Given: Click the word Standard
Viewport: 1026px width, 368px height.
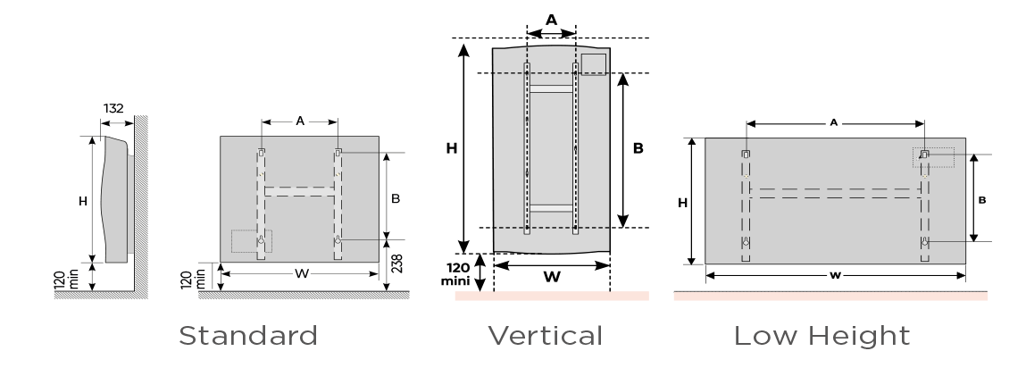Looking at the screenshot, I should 248,336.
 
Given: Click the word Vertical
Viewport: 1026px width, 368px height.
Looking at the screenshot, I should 545,336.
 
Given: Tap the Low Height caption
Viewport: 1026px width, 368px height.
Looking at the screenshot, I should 822,336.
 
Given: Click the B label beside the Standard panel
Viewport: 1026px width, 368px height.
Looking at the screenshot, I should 395,199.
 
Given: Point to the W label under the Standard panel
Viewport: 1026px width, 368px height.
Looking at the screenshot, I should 301,273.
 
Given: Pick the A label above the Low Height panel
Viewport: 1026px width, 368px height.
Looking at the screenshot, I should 834,121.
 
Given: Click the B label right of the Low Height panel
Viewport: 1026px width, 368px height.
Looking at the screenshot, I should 980,201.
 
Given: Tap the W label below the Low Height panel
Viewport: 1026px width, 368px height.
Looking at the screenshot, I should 834,276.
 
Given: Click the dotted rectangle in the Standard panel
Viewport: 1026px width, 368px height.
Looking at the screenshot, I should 251,241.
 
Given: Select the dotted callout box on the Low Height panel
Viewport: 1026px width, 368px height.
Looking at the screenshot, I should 933,156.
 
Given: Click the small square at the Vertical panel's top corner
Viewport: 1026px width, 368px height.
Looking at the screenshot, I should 594,63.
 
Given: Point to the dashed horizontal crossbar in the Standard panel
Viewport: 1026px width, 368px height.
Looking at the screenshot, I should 300,190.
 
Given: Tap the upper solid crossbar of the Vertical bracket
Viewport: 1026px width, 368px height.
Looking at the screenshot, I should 552,88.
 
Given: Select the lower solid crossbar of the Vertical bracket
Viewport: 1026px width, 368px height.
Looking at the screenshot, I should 552,208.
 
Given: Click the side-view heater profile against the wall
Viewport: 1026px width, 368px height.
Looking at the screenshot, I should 115,201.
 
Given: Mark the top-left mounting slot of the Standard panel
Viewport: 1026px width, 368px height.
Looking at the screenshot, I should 262,153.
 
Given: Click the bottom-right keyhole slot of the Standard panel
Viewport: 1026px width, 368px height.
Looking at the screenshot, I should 338,242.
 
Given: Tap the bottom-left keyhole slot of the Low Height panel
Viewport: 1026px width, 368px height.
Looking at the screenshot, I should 747,243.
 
